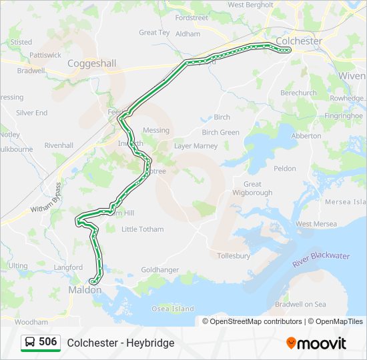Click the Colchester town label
point(299,41)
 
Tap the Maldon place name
point(85,290)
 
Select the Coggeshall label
point(91,63)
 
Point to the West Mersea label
point(316,224)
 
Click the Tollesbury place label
point(234,255)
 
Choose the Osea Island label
point(173,309)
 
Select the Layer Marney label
point(196,145)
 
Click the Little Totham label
point(142,229)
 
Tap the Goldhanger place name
point(160,269)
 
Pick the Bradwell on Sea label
point(301,304)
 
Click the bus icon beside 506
point(30,342)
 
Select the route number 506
point(47,342)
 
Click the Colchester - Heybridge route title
point(121,343)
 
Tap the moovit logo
point(316,343)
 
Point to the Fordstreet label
point(192,18)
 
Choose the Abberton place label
point(306,135)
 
